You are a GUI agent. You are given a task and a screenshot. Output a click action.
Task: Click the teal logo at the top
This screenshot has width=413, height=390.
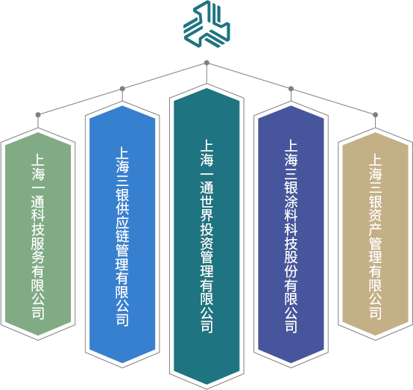click(206, 25)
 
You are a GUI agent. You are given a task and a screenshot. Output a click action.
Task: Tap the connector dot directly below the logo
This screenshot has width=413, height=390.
click(206, 63)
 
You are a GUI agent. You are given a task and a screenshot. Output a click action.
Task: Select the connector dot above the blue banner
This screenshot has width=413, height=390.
click(122, 89)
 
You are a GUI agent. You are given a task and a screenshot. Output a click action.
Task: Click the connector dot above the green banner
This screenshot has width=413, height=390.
click(38, 115)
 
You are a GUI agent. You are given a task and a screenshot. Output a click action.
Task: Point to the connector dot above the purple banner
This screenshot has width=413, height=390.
click(291, 89)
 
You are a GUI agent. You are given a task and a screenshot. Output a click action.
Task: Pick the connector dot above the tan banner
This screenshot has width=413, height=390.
click(375, 115)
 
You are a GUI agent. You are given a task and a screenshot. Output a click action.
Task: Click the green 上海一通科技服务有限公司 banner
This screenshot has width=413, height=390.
click(38, 234)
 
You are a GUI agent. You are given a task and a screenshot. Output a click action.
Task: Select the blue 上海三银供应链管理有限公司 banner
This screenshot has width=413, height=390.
click(122, 234)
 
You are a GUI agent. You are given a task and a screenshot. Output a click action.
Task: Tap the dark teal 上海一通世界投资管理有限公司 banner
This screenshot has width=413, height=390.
click(206, 236)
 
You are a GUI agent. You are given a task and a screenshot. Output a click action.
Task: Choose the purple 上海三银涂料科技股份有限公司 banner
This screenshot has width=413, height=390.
click(291, 234)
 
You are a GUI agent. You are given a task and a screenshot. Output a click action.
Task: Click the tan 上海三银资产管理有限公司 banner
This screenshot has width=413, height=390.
click(375, 234)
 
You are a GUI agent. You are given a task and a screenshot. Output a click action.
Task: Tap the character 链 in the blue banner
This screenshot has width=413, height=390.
click(122, 235)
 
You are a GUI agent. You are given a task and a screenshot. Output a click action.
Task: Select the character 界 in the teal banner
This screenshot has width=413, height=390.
click(206, 214)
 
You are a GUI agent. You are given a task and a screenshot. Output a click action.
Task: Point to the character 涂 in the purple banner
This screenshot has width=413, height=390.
click(291, 200)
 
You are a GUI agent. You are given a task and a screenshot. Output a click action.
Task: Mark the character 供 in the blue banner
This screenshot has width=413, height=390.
click(122, 207)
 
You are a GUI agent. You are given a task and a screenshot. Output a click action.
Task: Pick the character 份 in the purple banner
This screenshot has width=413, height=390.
click(291, 270)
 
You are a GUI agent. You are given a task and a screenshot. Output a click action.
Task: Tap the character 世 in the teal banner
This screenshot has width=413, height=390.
click(206, 200)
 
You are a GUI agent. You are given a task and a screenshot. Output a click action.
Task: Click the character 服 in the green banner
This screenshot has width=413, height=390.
click(38, 242)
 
